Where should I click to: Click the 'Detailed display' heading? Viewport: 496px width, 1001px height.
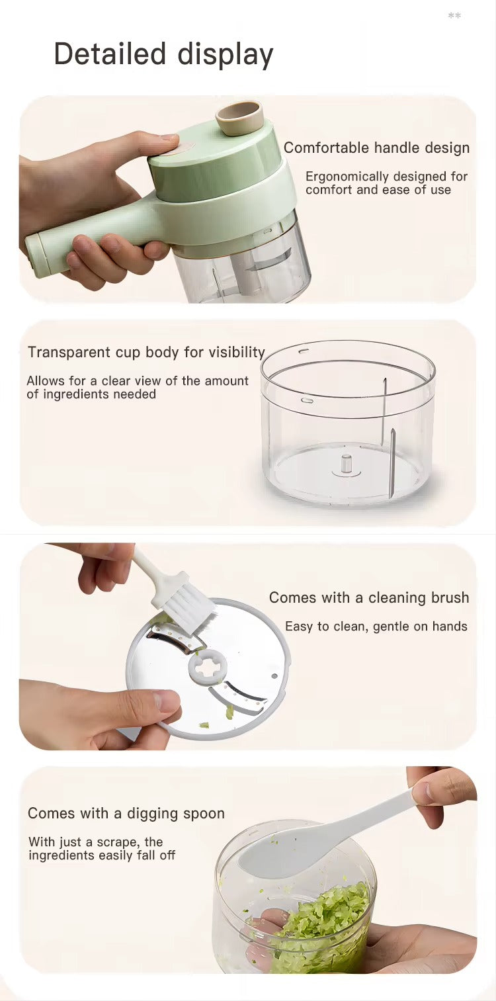(163, 54)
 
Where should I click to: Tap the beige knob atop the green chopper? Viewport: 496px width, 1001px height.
(239, 118)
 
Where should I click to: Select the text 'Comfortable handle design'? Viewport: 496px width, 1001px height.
(376, 148)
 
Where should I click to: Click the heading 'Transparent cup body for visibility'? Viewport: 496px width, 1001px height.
(146, 352)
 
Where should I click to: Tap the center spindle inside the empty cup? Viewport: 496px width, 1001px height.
(346, 462)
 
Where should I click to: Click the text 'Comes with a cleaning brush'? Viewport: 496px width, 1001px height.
(368, 597)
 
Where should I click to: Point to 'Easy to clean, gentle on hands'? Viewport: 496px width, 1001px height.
(376, 626)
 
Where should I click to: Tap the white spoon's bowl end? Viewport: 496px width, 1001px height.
(271, 854)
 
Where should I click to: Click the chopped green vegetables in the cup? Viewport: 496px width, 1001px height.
(324, 926)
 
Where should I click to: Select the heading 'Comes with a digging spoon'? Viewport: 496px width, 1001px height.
(126, 813)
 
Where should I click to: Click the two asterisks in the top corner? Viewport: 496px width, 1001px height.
(454, 16)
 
